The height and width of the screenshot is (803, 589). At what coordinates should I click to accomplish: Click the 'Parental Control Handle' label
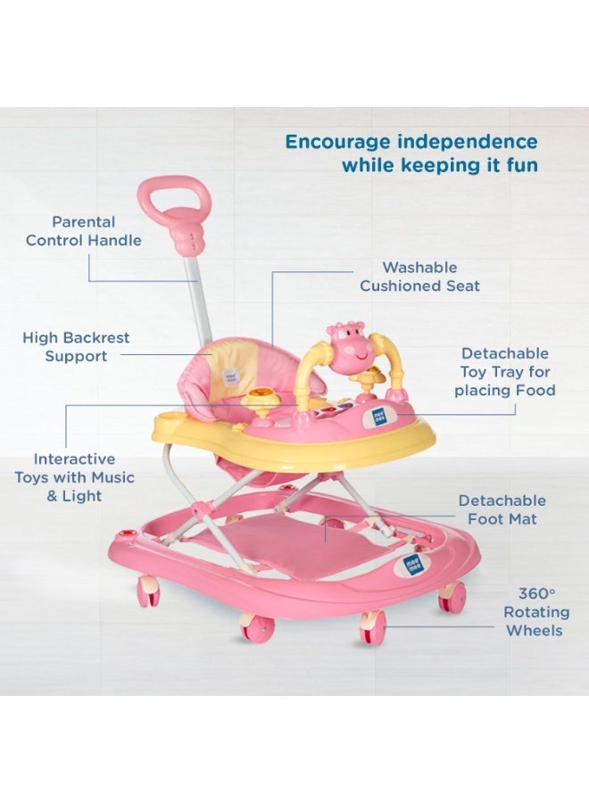tap(84, 231)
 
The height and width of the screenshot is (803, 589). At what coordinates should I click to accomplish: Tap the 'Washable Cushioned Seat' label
tap(419, 277)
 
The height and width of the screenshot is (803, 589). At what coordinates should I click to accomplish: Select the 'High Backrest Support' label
tap(76, 347)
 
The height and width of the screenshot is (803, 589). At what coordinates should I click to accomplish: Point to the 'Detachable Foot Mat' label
tap(502, 509)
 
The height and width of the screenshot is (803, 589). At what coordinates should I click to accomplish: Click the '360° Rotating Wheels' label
tap(536, 612)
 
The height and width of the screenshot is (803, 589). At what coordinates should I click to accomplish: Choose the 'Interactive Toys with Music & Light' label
tap(74, 477)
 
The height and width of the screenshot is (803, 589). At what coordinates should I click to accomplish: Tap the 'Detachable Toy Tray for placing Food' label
tap(504, 372)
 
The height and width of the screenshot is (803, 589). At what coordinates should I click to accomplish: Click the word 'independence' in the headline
tap(468, 142)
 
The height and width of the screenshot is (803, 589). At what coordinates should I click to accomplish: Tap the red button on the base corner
tap(123, 534)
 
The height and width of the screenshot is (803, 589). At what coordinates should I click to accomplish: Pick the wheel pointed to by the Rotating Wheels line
tap(372, 626)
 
